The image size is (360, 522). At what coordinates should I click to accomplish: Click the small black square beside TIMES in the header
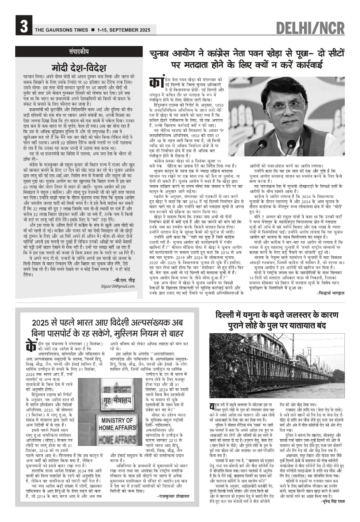tap(93, 30)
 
